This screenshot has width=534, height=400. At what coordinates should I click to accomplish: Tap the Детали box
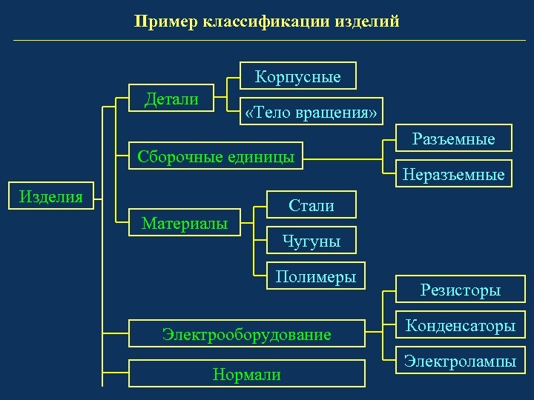point(171,99)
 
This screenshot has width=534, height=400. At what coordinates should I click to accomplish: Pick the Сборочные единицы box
point(212,156)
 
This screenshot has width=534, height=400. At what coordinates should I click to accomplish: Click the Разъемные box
point(453,139)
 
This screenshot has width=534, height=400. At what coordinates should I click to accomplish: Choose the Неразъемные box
point(453,176)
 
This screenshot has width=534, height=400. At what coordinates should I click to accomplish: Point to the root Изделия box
point(51,196)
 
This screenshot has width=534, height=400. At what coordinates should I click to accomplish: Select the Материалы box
point(185,223)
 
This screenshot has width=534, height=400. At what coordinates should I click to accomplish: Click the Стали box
point(311,206)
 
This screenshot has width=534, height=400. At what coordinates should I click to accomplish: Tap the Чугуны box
point(311,241)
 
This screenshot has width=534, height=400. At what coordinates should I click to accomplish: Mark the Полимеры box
point(316,277)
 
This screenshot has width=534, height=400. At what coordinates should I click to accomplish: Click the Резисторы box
point(461,290)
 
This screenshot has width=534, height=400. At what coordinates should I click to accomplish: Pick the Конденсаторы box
point(461,326)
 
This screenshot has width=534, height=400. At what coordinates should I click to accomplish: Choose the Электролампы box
point(461,362)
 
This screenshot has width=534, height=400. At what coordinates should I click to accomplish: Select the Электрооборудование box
point(247,335)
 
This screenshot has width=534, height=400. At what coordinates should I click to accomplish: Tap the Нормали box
point(247,374)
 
